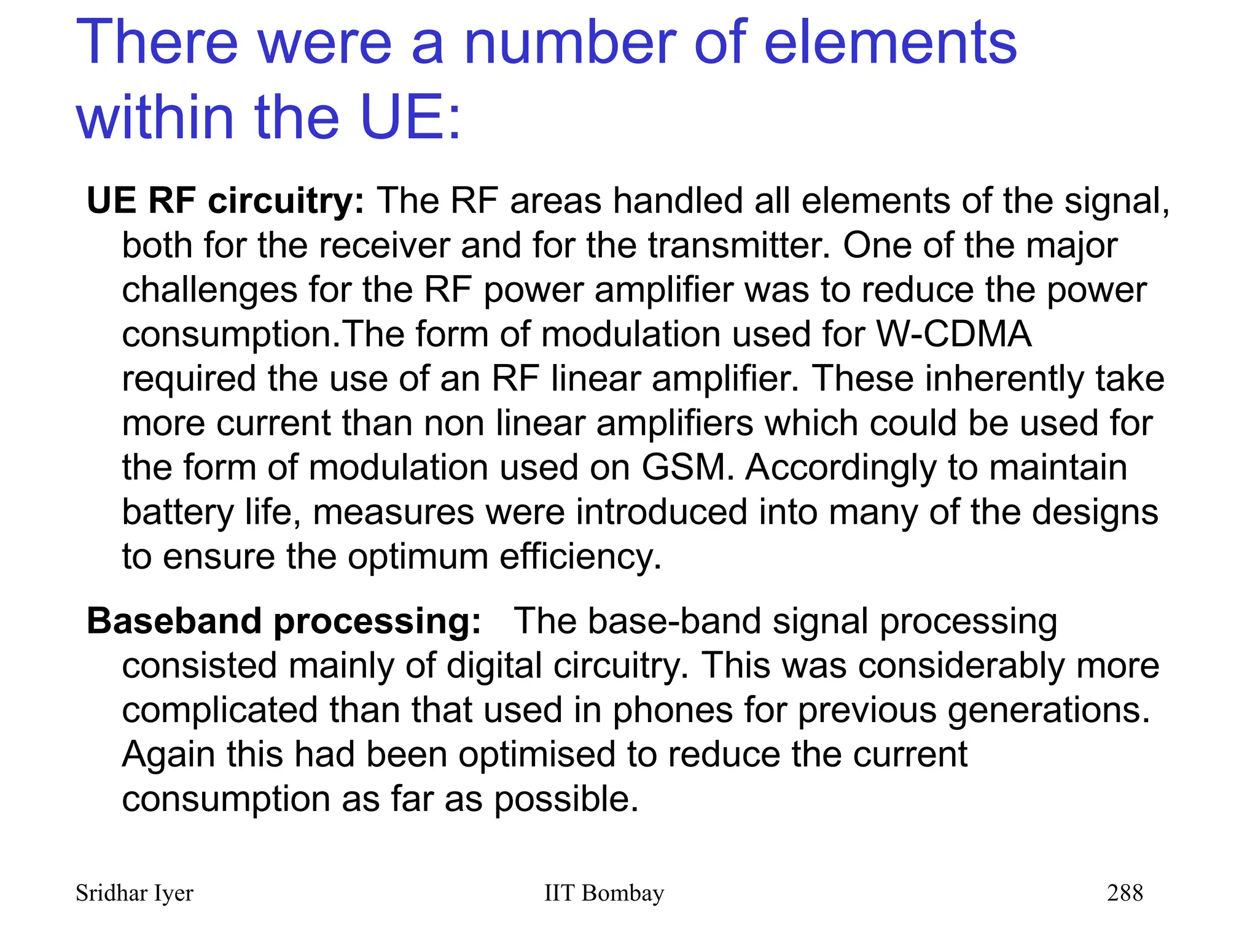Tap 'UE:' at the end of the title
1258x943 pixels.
point(410,116)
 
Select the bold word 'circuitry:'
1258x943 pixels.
point(286,201)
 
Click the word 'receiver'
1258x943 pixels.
point(385,245)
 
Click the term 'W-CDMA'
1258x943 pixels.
point(953,334)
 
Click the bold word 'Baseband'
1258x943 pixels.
point(174,621)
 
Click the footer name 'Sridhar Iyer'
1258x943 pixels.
point(134,893)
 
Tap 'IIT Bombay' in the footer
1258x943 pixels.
point(604,893)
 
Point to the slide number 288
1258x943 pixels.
point(1125,893)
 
